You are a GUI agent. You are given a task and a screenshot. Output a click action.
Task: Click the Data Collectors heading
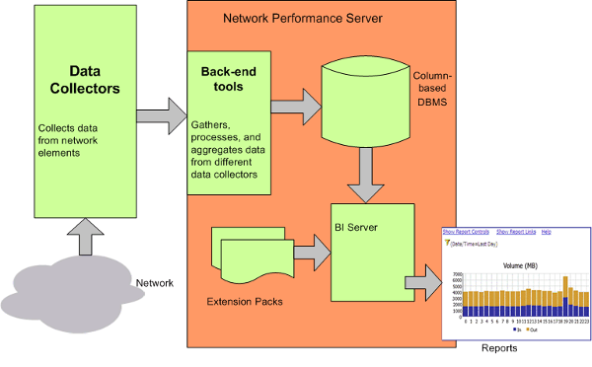pyautogui.click(x=86, y=80)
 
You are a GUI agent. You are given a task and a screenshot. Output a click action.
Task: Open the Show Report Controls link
pyautogui.click(x=468, y=231)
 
